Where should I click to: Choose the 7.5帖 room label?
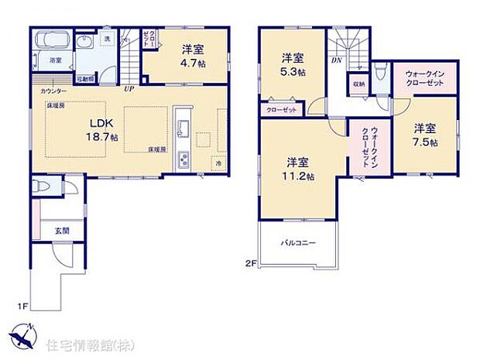[425, 135]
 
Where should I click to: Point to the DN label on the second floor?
[337, 60]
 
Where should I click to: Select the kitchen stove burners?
[183, 160]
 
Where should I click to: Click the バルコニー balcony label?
[299, 243]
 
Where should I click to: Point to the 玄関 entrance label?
[61, 230]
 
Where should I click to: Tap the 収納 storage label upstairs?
[358, 84]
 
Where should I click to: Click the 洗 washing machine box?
[108, 39]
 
